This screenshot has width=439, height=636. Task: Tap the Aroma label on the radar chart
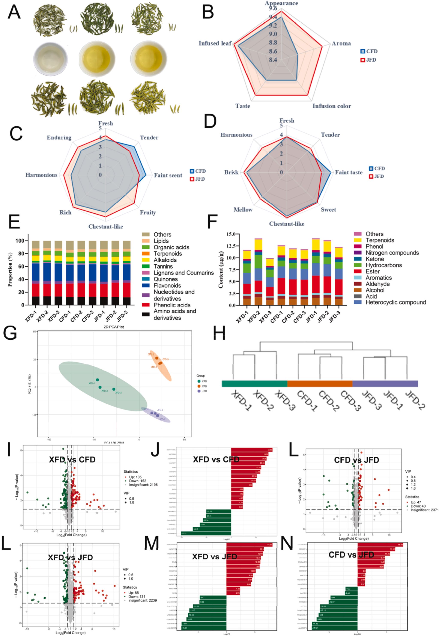click(x=341, y=44)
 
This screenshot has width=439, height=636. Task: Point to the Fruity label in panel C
click(x=148, y=212)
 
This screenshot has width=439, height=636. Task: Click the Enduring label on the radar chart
click(x=59, y=137)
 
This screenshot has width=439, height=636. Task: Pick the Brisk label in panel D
click(x=231, y=172)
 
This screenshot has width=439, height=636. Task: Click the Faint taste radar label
click(x=349, y=172)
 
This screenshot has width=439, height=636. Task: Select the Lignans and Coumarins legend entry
click(x=183, y=273)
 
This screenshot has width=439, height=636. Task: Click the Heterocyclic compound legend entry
click(x=395, y=302)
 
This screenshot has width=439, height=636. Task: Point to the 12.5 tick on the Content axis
click(x=230, y=246)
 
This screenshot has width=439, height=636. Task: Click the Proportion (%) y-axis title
click(x=10, y=270)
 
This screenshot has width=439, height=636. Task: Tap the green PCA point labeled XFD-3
click(x=114, y=389)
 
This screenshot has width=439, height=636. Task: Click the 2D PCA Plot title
click(x=114, y=327)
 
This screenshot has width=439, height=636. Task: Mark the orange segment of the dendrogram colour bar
click(x=320, y=383)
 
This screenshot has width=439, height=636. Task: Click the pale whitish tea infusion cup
click(x=51, y=59)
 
